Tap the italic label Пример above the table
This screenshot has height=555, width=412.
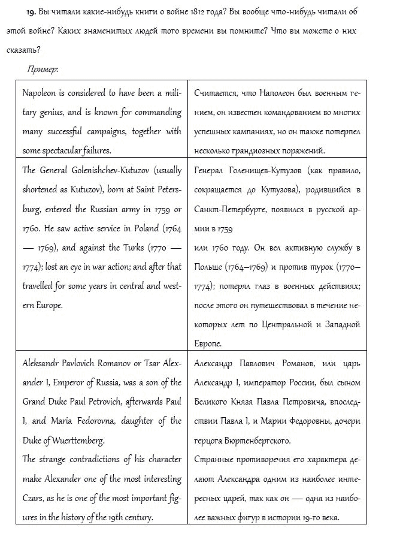(x=43, y=70)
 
